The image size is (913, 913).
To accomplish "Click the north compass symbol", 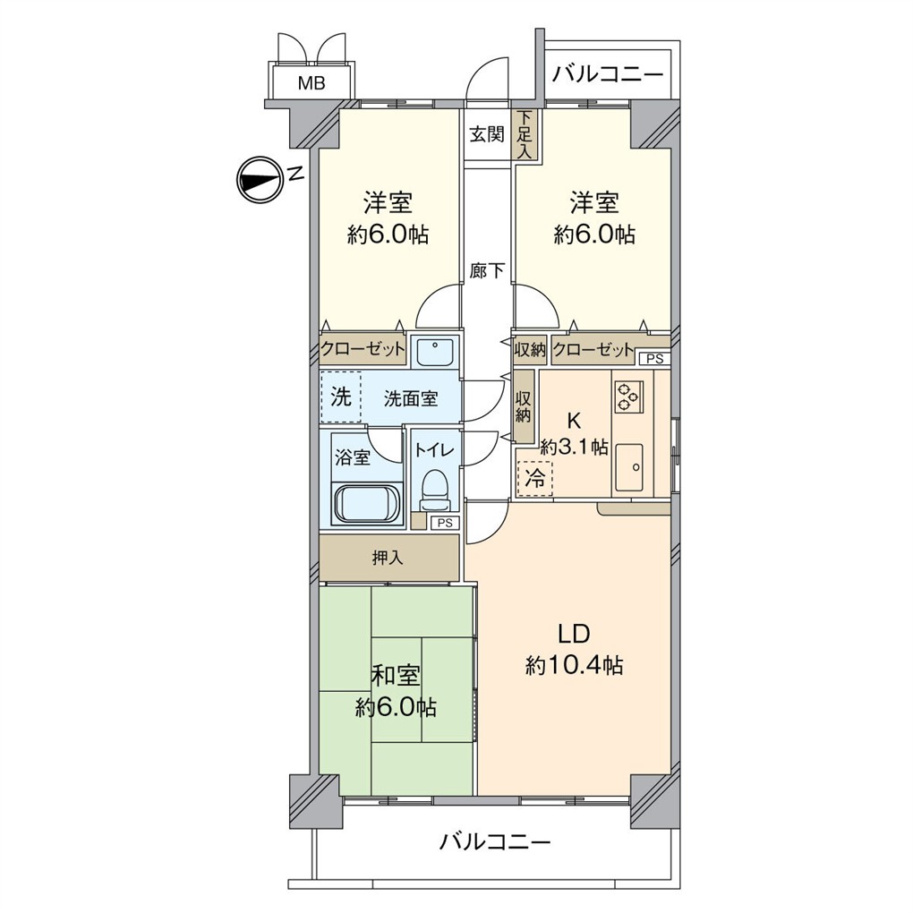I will [259, 179].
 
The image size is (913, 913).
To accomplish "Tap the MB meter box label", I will [311, 84].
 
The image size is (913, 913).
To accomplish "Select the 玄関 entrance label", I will [487, 135].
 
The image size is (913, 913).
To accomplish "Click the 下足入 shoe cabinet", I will [524, 135].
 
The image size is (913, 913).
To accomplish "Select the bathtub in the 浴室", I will [368, 504].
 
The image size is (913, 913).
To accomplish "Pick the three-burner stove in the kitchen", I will [628, 395].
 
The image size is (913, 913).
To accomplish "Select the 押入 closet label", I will [388, 558].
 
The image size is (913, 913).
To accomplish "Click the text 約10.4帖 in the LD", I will [574, 665].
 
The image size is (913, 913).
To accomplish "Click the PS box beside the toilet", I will [444, 524].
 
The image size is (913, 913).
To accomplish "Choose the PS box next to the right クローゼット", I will [654, 359].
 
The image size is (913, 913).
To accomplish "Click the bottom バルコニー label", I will [495, 841].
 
